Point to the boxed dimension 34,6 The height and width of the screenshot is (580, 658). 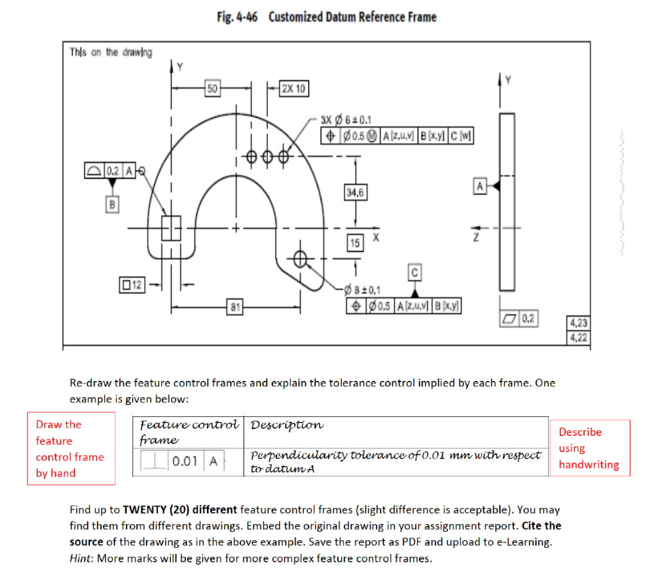coord(354,193)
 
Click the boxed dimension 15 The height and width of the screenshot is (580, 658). coord(355,243)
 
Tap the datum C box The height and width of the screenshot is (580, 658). coord(414,273)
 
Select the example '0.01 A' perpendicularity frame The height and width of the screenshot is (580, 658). coord(179,461)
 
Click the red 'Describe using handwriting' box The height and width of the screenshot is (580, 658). coord(589,448)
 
